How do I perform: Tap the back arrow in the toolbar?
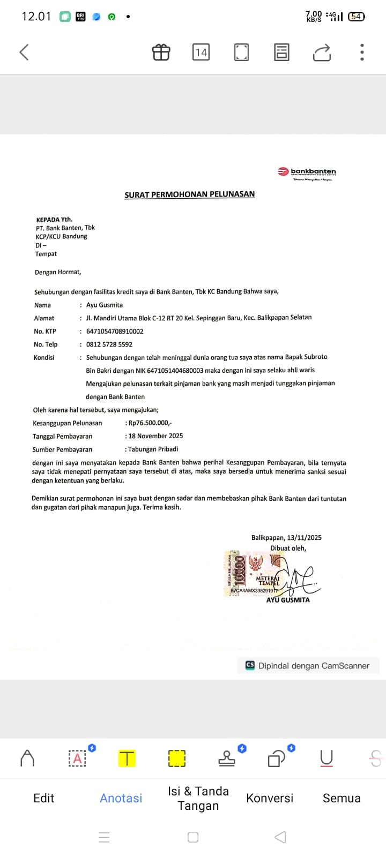(24, 52)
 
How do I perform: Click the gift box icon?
(161, 52)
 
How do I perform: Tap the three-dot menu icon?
(362, 52)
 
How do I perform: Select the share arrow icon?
(322, 52)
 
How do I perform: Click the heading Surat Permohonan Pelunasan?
(189, 194)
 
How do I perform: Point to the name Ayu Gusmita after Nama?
(105, 305)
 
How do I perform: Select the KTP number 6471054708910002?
(115, 332)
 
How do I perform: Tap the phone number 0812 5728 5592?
(109, 344)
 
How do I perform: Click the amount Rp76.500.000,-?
(150, 423)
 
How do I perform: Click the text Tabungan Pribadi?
(153, 449)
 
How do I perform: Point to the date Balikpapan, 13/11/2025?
(286, 538)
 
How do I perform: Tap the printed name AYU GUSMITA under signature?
(288, 600)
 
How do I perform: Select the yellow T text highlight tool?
(127, 758)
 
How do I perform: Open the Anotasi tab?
(121, 798)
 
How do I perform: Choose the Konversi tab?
(270, 798)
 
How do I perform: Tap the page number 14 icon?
(201, 52)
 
